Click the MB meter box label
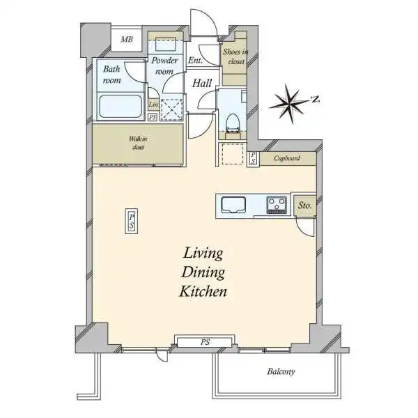(127, 40)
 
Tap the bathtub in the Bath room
(120, 107)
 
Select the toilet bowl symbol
(233, 123)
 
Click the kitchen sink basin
(233, 205)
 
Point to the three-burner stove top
(277, 205)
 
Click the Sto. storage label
(304, 206)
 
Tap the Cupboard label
(287, 158)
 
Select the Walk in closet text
(138, 143)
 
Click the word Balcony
(281, 371)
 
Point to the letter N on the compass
(316, 99)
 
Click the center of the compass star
(288, 103)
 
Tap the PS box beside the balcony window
(205, 342)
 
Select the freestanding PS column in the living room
(132, 222)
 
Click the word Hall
(202, 83)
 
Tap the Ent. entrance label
(195, 60)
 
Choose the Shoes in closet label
(236, 56)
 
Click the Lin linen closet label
(153, 104)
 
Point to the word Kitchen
(203, 291)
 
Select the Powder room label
(164, 65)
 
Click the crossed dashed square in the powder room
(172, 109)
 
